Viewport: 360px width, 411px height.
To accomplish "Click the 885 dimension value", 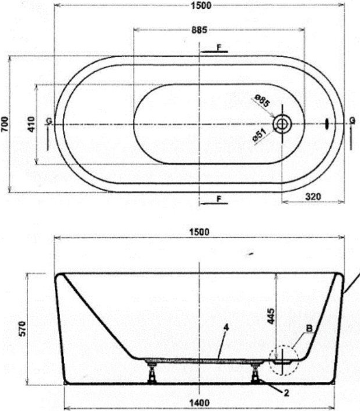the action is [x=199, y=30].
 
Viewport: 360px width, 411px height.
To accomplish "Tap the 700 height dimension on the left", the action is [x=5, y=124].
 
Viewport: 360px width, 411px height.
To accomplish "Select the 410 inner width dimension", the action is [x=31, y=124].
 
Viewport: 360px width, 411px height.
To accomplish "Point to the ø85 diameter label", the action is [x=262, y=101].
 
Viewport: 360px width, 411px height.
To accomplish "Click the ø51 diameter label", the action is [x=260, y=135].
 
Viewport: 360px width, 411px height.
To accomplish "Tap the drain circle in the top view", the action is [x=282, y=124].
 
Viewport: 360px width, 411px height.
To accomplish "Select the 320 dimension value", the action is [x=313, y=196].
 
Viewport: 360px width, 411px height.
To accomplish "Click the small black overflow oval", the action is [x=327, y=124].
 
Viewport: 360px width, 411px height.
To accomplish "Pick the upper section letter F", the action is [x=219, y=47].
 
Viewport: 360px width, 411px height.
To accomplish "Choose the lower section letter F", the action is [x=219, y=199].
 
